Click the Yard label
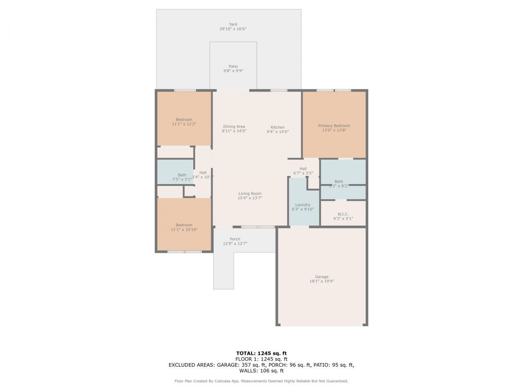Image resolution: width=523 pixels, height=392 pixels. [x=233, y=24]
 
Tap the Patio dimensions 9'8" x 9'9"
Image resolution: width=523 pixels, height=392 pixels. [x=233, y=71]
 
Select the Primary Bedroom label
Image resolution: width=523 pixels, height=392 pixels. [x=334, y=126]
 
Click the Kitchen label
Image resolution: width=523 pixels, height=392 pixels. [x=277, y=127]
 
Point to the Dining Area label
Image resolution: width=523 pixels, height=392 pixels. [x=234, y=127]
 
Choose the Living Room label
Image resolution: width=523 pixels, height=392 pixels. [x=250, y=194]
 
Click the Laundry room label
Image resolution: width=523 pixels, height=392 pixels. [x=302, y=205]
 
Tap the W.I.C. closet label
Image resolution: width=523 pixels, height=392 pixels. [x=343, y=214]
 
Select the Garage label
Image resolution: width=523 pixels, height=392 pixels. [x=322, y=276]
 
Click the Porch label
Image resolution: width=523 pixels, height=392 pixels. [x=235, y=239]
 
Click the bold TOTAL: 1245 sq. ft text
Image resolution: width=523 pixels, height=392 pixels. [x=261, y=353]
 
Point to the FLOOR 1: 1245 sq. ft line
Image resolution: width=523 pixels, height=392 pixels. [x=261, y=359]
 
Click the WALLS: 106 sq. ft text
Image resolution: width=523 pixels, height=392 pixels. [x=261, y=371]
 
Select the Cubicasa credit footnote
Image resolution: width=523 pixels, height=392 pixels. [x=261, y=381]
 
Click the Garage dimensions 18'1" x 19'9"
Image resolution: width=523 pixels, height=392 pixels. [x=322, y=281]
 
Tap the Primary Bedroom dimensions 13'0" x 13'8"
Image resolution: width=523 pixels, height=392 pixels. [x=334, y=131]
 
